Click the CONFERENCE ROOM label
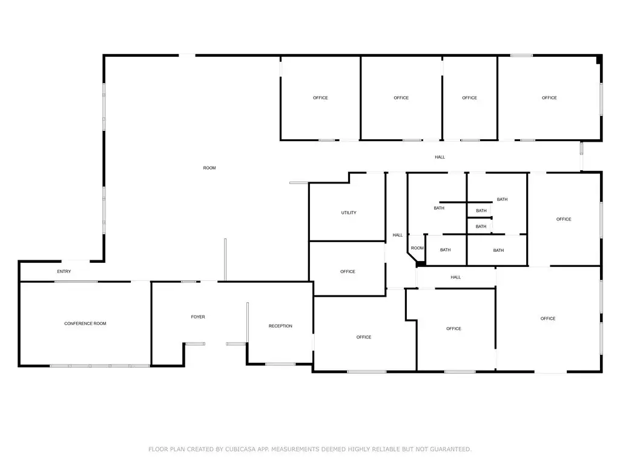click(85, 323)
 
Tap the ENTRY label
click(64, 271)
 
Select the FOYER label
click(198, 317)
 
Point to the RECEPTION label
click(280, 326)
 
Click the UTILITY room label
click(349, 213)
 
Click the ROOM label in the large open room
click(209, 168)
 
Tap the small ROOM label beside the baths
click(417, 248)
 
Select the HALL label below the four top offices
click(440, 157)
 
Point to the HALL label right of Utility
click(398, 235)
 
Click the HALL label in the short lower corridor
click(456, 277)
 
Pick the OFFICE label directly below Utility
click(348, 272)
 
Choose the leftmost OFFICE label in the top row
click(320, 97)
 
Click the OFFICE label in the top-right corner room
click(549, 97)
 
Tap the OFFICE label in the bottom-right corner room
click(548, 318)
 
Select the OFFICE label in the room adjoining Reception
click(364, 337)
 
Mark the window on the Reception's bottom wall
click(280, 364)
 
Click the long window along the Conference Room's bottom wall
click(100, 366)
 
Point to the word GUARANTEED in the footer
click(450, 449)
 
